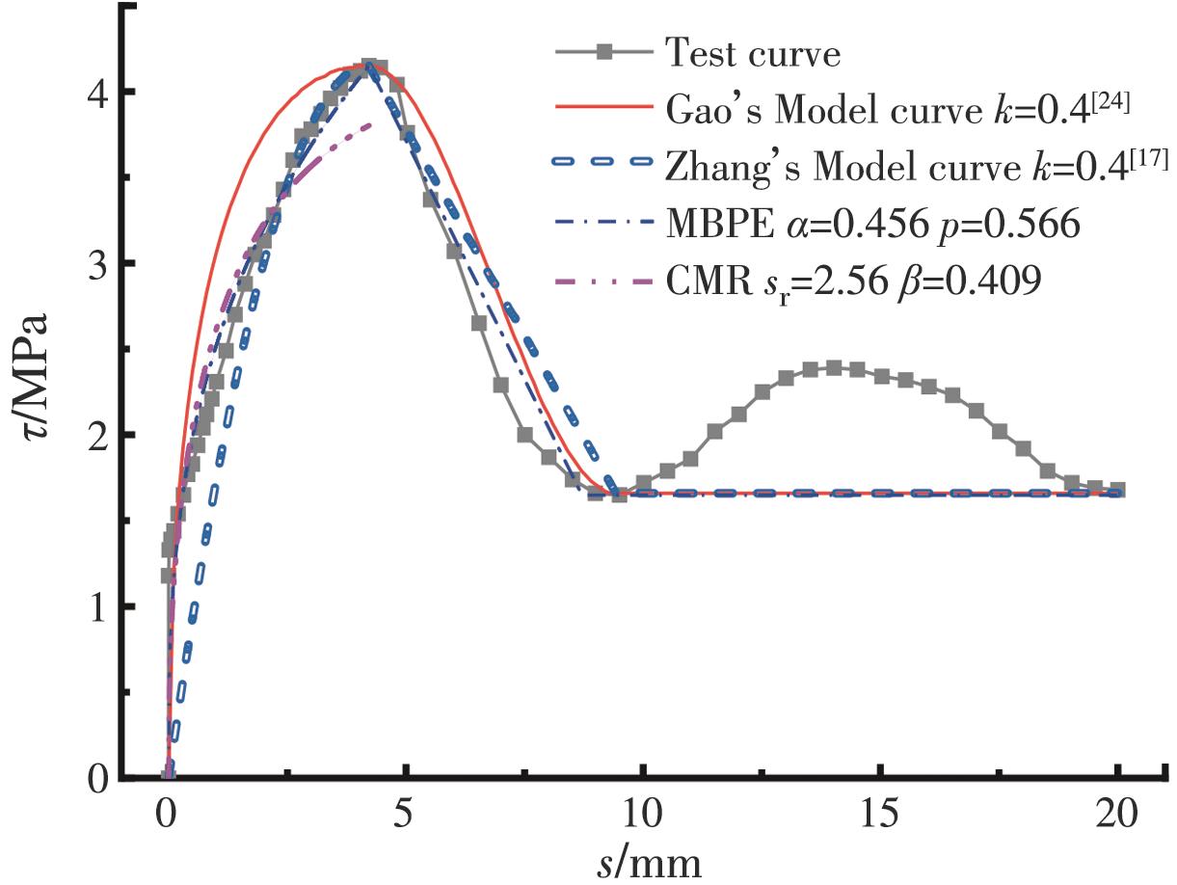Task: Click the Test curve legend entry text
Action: tap(752, 54)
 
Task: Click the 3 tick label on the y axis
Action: tap(97, 264)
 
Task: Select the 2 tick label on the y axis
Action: tap(97, 436)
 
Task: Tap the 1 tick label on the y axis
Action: tap(97, 607)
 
